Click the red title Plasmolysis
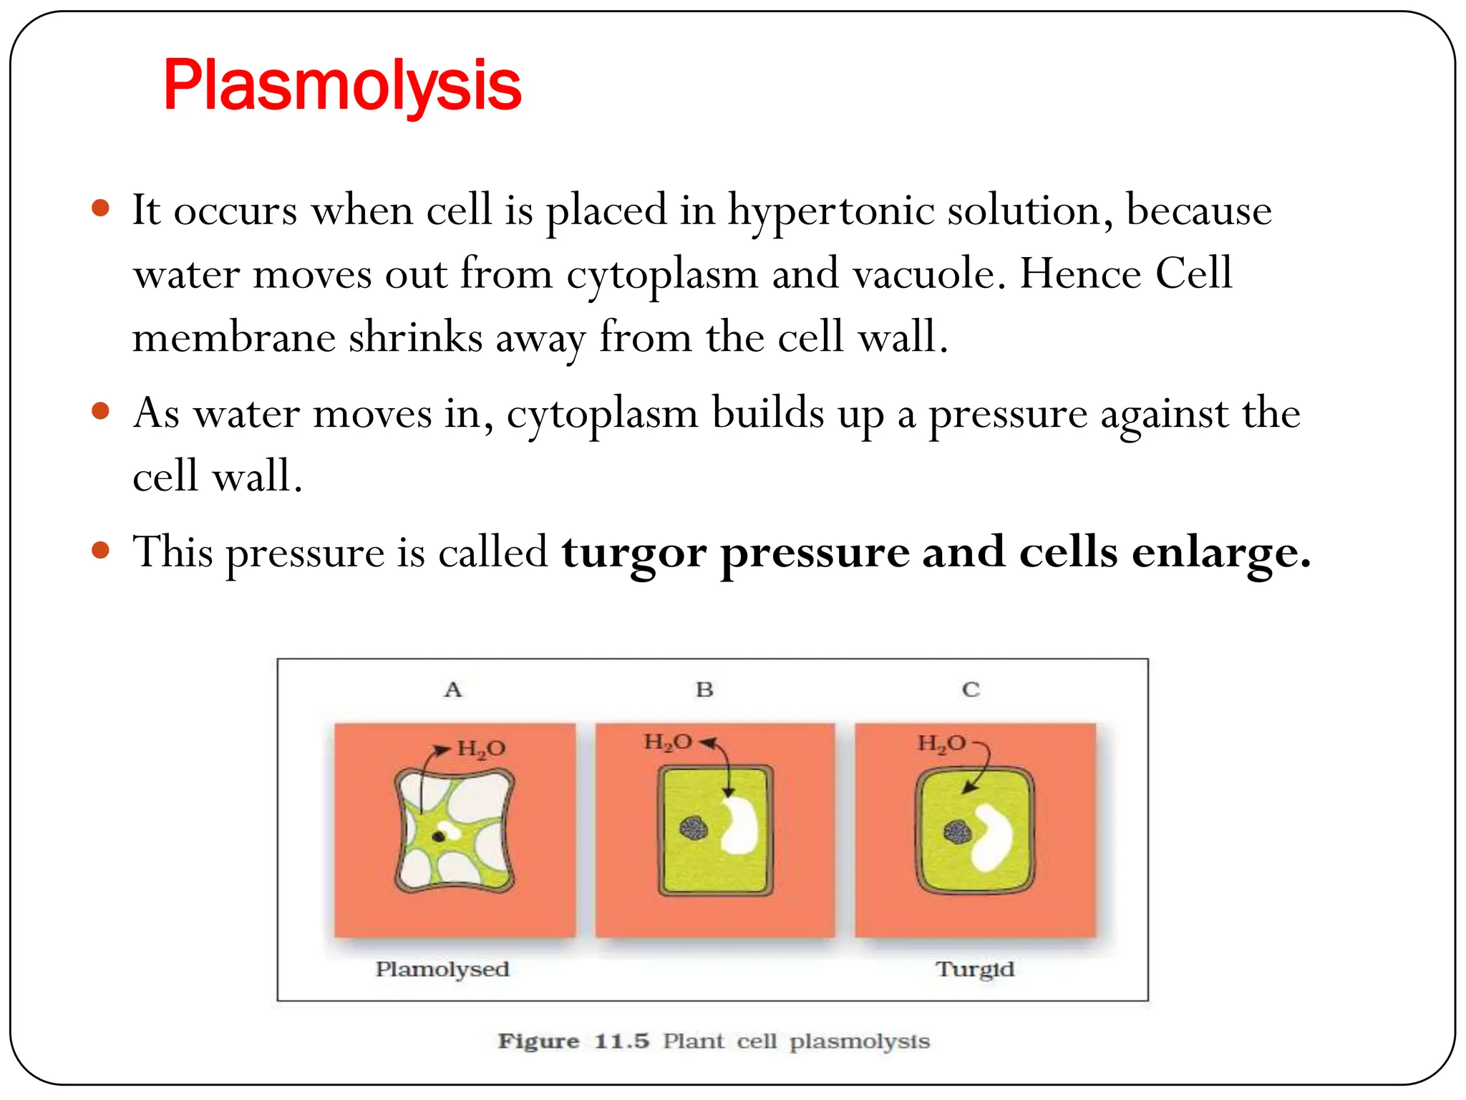click(x=342, y=86)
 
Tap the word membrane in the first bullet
click(x=233, y=337)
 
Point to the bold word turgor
click(x=634, y=554)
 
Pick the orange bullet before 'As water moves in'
click(x=101, y=411)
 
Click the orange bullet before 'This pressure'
click(x=101, y=550)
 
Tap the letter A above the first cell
click(x=453, y=690)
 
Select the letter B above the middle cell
click(x=704, y=690)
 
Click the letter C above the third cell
click(x=971, y=690)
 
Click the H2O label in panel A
click(x=481, y=749)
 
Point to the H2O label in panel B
click(x=668, y=742)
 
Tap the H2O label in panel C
click(x=941, y=743)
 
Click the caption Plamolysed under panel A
click(x=442, y=969)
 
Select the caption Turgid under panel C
click(x=975, y=969)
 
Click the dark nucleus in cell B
click(x=694, y=829)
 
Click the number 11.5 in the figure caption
click(x=621, y=1041)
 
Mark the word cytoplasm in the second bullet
click(x=602, y=415)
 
